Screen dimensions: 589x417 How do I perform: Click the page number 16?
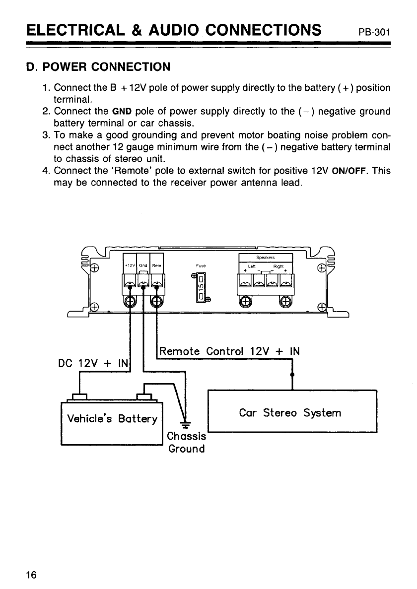click(x=31, y=575)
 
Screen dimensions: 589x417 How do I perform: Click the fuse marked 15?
click(x=202, y=288)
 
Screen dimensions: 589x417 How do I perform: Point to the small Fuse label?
click(x=201, y=266)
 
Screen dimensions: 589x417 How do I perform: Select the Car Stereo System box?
click(x=292, y=412)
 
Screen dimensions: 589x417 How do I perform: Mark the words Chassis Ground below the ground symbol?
click(x=186, y=443)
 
